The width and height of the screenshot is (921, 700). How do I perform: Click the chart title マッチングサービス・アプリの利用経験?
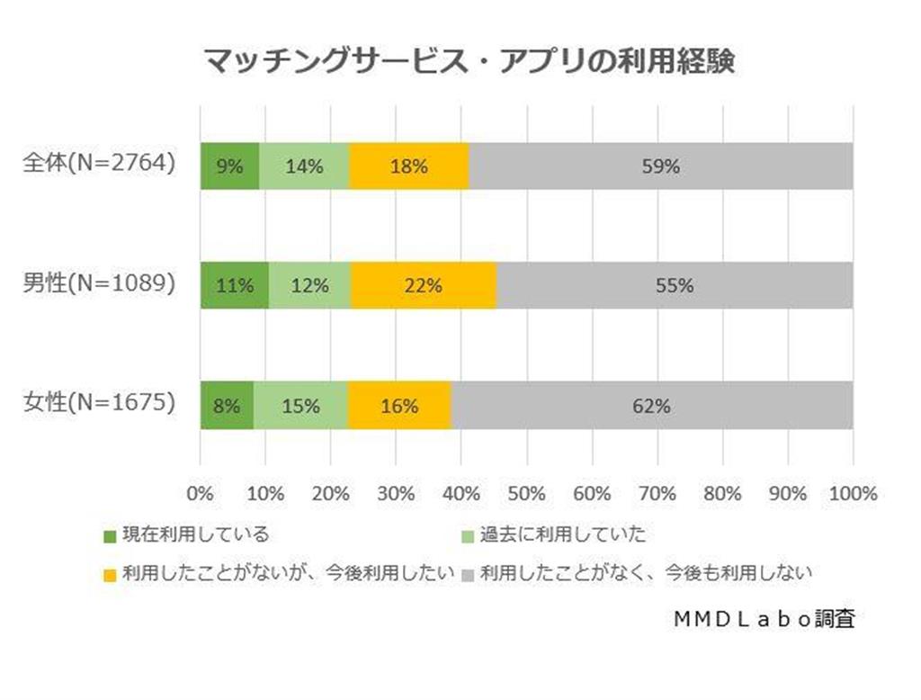[x=469, y=61]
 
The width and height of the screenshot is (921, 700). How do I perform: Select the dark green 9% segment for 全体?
[x=230, y=166]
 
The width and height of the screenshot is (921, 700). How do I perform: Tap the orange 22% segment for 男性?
[x=424, y=285]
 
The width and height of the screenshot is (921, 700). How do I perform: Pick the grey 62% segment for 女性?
[x=651, y=405]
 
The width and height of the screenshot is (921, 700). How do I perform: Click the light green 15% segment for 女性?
[x=300, y=405]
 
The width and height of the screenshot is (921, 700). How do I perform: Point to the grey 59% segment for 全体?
[x=661, y=166]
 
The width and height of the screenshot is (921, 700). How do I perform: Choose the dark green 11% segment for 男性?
[x=235, y=285]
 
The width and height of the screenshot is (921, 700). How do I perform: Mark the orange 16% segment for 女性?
[x=399, y=405]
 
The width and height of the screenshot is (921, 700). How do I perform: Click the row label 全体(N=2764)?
[x=99, y=165]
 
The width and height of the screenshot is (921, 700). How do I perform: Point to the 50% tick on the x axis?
[x=527, y=493]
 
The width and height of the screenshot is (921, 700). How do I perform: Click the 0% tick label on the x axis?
[x=200, y=493]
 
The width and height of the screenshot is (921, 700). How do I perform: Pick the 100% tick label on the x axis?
[x=853, y=493]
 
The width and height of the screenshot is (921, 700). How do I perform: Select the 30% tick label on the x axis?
[x=396, y=493]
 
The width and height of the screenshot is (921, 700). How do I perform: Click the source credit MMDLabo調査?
[x=763, y=619]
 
